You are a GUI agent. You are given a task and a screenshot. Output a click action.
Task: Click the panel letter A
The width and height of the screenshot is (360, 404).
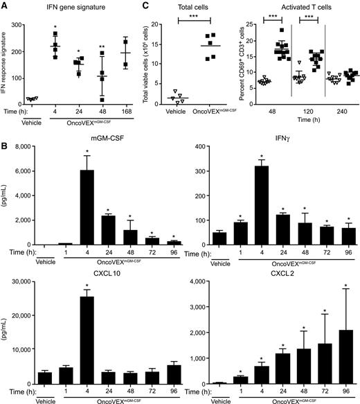tap(4, 6)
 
